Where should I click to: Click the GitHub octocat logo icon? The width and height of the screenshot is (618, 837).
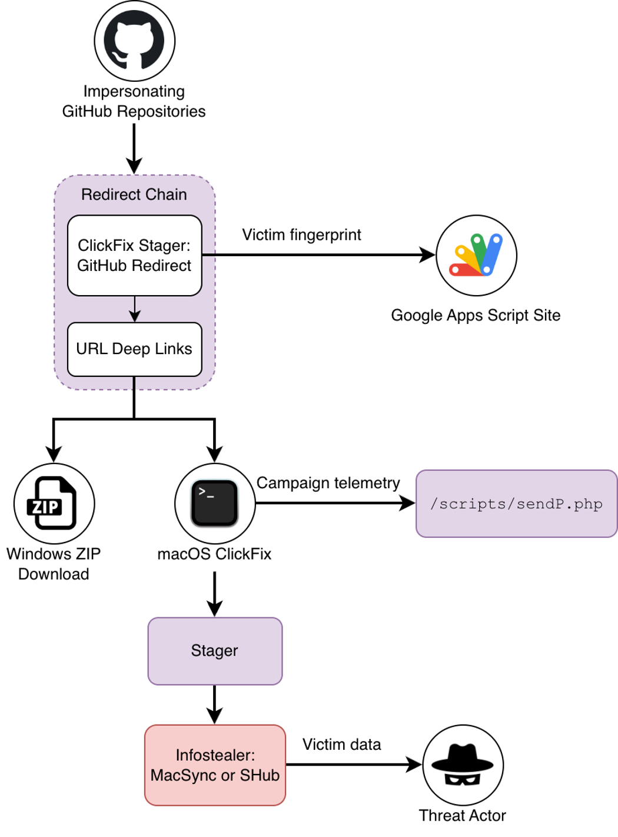(134, 41)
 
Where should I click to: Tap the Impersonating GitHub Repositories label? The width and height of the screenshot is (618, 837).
(134, 101)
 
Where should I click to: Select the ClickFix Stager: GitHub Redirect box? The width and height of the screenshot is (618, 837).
(134, 255)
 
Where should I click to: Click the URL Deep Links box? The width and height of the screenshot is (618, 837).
(134, 349)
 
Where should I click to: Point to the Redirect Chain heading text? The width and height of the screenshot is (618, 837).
(134, 194)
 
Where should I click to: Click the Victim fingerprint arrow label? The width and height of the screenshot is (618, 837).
(301, 235)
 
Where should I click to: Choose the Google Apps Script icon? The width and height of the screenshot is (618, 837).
(476, 255)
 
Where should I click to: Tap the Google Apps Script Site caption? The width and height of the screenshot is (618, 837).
(476, 315)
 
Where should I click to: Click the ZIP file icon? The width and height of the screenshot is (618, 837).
(54, 503)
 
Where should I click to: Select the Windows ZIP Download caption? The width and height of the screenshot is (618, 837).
(54, 564)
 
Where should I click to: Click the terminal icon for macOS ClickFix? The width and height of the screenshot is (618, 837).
(215, 503)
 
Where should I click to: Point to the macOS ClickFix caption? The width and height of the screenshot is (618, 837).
(214, 554)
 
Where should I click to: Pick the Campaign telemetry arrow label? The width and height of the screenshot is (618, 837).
(328, 483)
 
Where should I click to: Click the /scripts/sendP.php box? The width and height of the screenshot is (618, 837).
(516, 504)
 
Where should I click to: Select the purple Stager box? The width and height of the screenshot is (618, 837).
(215, 651)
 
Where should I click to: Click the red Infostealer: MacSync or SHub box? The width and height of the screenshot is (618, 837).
(215, 765)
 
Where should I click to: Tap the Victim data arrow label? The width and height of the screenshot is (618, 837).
(341, 745)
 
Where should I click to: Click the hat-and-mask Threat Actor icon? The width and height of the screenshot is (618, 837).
(463, 765)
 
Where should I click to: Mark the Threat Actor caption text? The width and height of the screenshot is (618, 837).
(462, 815)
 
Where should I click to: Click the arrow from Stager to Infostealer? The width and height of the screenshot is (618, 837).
(215, 704)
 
